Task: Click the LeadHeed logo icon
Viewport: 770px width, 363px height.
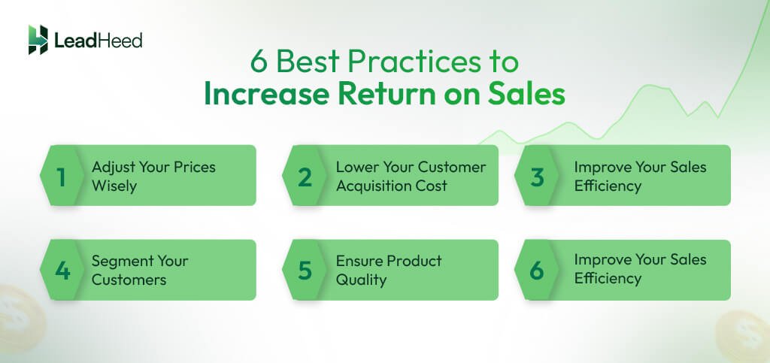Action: click(x=38, y=39)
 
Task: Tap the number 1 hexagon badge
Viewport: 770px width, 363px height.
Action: click(x=61, y=176)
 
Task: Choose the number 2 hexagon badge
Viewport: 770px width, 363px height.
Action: click(x=304, y=176)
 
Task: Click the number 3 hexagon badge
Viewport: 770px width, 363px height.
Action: click(x=536, y=176)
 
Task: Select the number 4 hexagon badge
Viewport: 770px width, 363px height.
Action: click(x=61, y=270)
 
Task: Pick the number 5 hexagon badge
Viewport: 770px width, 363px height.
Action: click(x=304, y=270)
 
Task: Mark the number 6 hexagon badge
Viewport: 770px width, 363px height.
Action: click(x=536, y=270)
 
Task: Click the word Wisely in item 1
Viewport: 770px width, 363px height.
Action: click(x=114, y=185)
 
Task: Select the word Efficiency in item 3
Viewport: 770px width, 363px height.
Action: click(x=608, y=185)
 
